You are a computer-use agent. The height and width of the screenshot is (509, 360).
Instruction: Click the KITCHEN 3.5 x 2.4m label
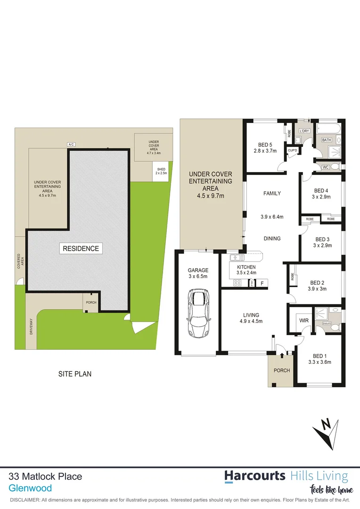(243, 270)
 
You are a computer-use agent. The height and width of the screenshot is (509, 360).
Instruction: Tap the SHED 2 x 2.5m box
(161, 171)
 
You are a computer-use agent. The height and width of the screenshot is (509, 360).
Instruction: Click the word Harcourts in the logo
(254, 476)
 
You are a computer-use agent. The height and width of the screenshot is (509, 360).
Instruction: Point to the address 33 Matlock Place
(46, 476)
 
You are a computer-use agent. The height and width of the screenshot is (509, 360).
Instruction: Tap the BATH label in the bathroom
(327, 140)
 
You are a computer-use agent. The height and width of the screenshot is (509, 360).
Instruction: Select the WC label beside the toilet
(325, 167)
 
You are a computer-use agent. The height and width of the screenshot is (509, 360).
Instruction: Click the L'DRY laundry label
(304, 131)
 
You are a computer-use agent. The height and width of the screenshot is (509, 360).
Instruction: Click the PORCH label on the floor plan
(281, 370)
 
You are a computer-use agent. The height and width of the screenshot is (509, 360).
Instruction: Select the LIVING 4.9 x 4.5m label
(251, 318)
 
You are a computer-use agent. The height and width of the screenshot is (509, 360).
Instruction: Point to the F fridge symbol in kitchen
(262, 283)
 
